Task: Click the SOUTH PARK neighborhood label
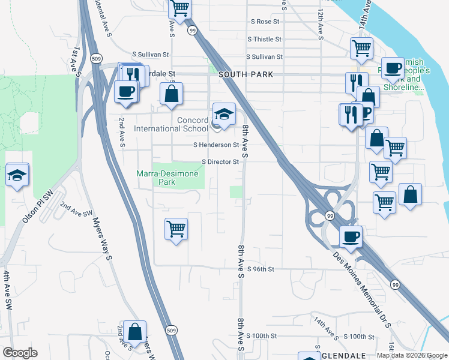(246, 74)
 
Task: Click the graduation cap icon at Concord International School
(224, 114)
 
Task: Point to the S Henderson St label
(216, 145)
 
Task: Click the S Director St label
(220, 161)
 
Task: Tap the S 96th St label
(260, 269)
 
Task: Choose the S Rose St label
(265, 22)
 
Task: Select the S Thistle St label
(264, 39)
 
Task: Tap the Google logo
(20, 353)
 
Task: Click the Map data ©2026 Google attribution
(411, 355)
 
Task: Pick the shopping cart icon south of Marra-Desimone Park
(176, 228)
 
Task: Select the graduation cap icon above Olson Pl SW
(17, 175)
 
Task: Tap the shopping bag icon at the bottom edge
(135, 331)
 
